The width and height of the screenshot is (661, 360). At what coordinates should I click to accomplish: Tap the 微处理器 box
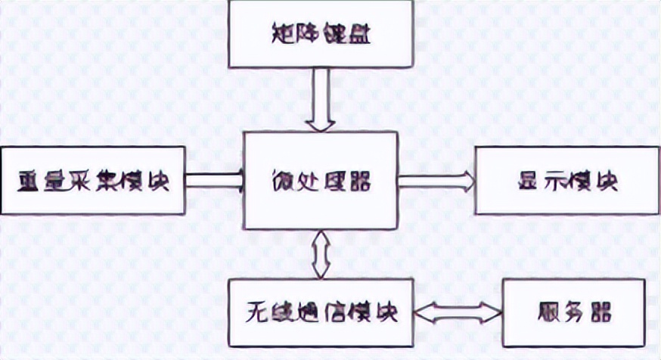pyautogui.click(x=320, y=181)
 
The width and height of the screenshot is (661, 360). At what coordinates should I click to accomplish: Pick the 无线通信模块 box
pyautogui.click(x=320, y=310)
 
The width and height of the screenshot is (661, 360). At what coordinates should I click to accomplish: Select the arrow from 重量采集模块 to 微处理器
pyautogui.click(x=214, y=181)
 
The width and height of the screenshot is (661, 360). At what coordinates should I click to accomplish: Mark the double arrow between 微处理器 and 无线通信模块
pyautogui.click(x=320, y=254)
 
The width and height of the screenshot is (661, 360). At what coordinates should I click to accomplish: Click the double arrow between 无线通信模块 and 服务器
pyautogui.click(x=457, y=310)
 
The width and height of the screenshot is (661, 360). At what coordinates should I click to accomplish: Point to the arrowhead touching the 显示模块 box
pyautogui.click(x=469, y=181)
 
